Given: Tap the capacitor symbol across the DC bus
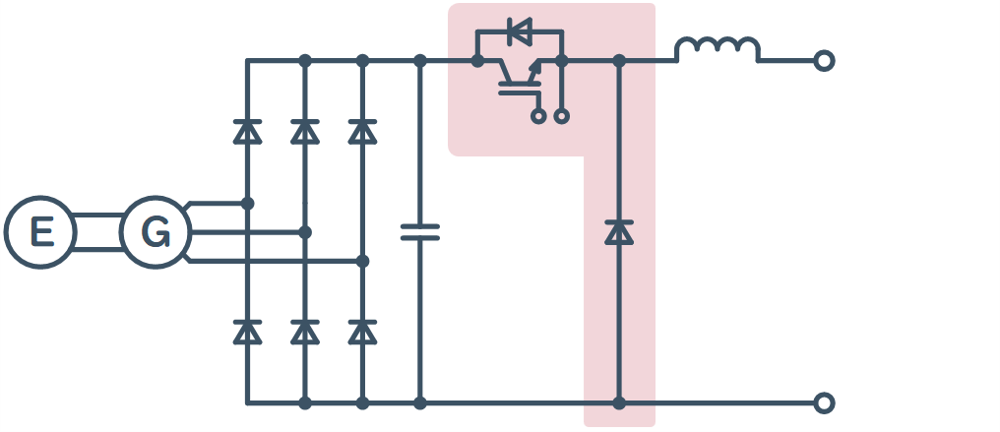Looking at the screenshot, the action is pos(419,232).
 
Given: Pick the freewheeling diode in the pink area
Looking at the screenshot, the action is pos(619,232).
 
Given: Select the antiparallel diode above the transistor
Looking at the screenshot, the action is pos(520,31).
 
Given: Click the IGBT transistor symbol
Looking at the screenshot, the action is pos(520,77).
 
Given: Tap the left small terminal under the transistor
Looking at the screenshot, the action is pos(539,116).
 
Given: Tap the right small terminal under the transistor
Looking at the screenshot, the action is pos(562,116).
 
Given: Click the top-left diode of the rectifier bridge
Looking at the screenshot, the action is pos(247,131).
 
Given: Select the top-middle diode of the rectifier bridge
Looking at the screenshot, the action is pos(305,131).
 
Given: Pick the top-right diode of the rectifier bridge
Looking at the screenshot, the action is pos(362,131).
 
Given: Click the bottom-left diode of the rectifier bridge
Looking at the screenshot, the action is pos(247,332).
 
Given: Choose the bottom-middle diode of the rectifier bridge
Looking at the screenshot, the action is pos(305,332).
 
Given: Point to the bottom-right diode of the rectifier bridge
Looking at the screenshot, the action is pos(362,332).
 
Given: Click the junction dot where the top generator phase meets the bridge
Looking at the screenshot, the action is pos(247,204).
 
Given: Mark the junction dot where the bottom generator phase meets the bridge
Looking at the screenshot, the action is pos(362,261).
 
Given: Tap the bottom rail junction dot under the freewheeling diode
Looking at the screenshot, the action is pos(619,402).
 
